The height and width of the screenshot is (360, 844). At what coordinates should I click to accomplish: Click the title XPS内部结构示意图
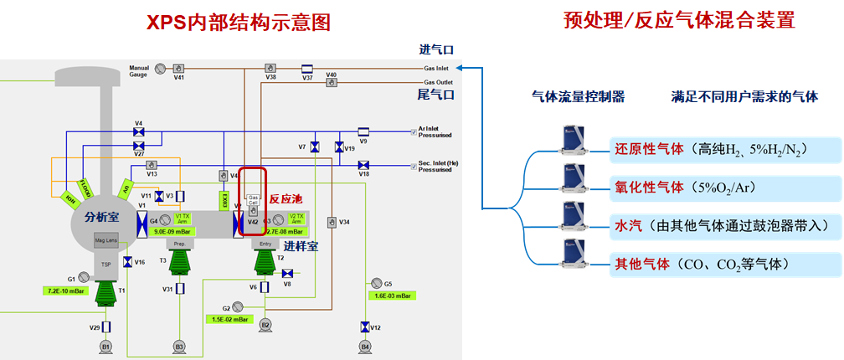(x=239, y=23)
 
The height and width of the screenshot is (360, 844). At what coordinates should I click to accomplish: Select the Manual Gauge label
(x=138, y=70)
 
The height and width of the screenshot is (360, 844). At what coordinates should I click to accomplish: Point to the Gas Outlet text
(x=438, y=82)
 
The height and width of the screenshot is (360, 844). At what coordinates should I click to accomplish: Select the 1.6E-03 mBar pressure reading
(x=391, y=296)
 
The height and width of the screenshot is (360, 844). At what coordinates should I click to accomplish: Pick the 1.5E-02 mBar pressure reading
(x=227, y=319)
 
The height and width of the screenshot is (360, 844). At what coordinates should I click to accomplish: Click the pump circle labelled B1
(x=105, y=345)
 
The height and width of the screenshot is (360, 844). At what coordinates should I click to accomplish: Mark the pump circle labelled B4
(x=364, y=345)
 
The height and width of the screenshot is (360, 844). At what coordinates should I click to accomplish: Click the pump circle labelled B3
(x=178, y=345)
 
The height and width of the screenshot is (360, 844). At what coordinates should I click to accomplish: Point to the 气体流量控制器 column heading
(x=578, y=97)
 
